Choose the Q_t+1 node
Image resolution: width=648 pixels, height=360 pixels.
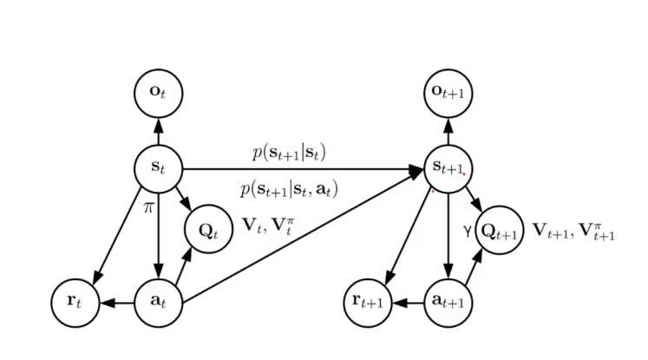click(x=500, y=232)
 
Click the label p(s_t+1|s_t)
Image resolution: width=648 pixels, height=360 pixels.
click(x=289, y=154)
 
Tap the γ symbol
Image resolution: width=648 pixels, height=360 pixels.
click(x=466, y=232)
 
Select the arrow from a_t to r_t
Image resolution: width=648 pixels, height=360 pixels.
click(x=115, y=304)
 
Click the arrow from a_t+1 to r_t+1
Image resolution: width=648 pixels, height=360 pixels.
click(x=406, y=304)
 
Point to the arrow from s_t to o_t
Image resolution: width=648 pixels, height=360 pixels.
click(x=158, y=129)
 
